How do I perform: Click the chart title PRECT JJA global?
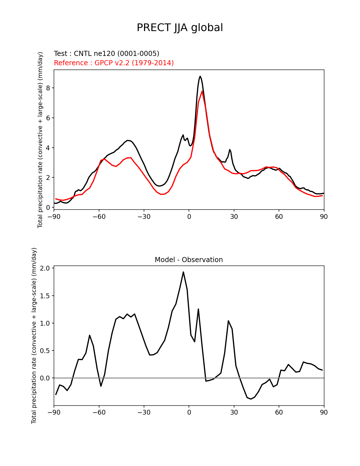tap(180, 28)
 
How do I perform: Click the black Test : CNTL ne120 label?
tap(106, 54)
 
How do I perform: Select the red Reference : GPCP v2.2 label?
tap(114, 63)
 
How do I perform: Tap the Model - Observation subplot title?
tap(189, 260)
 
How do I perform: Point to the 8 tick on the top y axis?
tap(48, 88)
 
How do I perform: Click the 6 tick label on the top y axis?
tap(48, 118)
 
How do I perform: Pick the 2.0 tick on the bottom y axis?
tap(45, 268)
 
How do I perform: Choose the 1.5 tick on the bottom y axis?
tap(45, 296)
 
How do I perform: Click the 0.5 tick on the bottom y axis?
tap(45, 350)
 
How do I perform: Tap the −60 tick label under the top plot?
tap(99, 217)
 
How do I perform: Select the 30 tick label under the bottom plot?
tap(234, 413)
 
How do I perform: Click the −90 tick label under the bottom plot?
tap(54, 413)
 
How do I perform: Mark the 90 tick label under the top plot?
tap(324, 217)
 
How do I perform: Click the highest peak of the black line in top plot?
tap(200, 76)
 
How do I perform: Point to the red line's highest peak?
tap(202, 91)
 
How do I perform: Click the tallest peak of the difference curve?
tap(183, 272)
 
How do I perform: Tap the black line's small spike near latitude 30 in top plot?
tap(230, 149)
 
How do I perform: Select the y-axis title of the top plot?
tap(40, 140)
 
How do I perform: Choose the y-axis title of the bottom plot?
tap(34, 336)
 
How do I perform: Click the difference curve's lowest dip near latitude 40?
tap(251, 399)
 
